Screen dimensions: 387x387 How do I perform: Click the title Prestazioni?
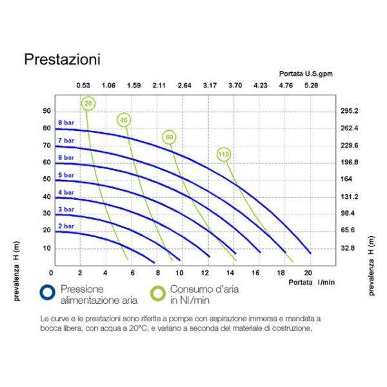(x=62, y=59)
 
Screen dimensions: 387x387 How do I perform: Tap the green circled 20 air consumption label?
(x=88, y=103)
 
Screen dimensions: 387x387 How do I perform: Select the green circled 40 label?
(x=124, y=119)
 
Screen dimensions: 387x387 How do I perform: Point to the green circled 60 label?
(x=169, y=137)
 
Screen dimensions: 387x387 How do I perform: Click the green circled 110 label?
(x=224, y=155)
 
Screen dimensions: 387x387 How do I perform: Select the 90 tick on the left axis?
(x=46, y=111)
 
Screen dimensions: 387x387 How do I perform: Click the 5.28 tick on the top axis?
(x=312, y=85)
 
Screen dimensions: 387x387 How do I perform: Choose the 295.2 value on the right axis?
(x=349, y=111)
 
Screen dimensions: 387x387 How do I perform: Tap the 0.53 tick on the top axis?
(x=83, y=85)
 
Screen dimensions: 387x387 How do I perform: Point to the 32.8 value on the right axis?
(x=348, y=248)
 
